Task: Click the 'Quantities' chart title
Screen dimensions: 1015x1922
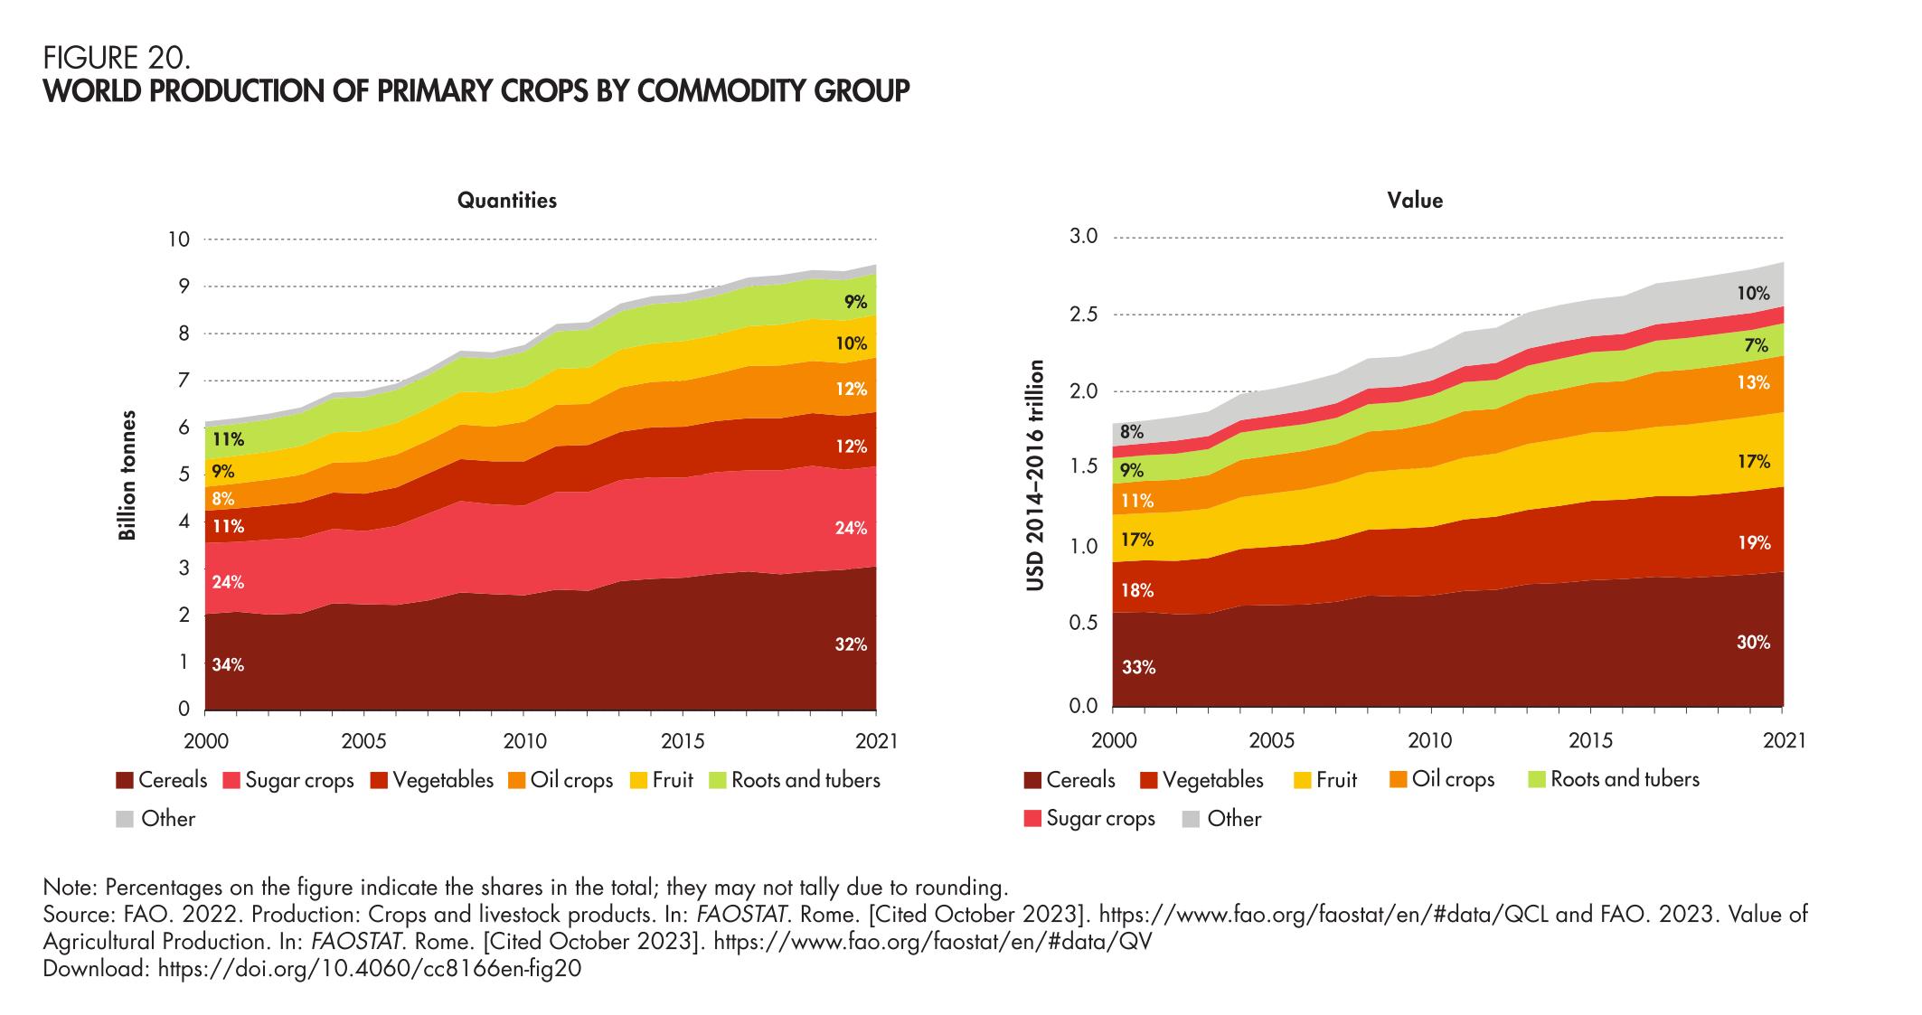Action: pos(506,201)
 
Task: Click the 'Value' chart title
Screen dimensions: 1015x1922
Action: pos(1415,201)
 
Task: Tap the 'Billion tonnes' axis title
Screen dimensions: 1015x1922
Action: pos(128,475)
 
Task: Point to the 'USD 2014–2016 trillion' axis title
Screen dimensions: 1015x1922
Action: pos(1036,475)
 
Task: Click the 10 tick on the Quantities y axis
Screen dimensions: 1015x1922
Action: pos(178,240)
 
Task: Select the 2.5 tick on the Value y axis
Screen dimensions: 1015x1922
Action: pos(1082,315)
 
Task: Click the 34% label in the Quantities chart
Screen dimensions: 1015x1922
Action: pos(228,665)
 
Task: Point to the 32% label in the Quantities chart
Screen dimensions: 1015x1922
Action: pos(851,644)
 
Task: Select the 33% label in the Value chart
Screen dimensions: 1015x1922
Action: pos(1138,668)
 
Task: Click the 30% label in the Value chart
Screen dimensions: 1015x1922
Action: pos(1753,643)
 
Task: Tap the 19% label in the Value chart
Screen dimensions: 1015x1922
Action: pos(1753,542)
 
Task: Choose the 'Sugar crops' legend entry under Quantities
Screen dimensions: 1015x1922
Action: pos(298,780)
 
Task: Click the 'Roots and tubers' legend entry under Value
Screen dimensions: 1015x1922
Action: pos(1625,779)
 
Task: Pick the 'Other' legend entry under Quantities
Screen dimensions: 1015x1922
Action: pos(167,819)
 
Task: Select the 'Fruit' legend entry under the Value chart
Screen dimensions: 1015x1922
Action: pos(1336,779)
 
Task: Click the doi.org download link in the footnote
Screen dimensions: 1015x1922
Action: pos(369,969)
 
